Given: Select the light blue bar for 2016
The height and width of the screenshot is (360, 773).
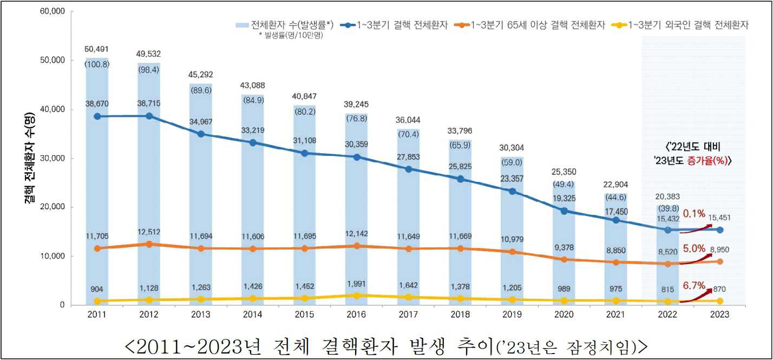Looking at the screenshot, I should click(356, 217).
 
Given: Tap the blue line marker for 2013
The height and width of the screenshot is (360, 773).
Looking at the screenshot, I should click(201, 134).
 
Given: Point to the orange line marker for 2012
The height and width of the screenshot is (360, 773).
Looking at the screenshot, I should click(149, 244).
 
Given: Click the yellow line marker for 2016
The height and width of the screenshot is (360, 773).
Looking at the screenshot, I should click(356, 296).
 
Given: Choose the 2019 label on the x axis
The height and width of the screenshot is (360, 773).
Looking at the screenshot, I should click(512, 315).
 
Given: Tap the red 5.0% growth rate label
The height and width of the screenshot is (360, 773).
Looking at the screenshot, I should click(693, 249).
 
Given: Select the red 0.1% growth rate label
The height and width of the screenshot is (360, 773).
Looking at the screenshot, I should click(693, 213).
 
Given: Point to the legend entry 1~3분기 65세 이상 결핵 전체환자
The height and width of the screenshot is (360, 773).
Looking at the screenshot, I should click(530, 25).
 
